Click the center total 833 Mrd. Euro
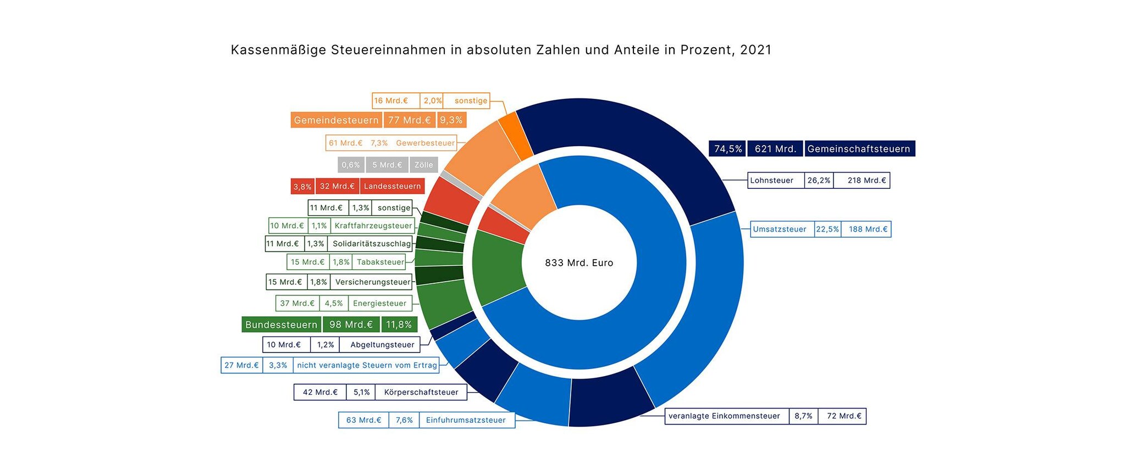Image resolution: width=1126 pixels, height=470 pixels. (579, 263)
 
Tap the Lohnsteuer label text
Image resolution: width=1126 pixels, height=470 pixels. (771, 181)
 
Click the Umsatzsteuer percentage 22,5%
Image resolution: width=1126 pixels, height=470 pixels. (827, 230)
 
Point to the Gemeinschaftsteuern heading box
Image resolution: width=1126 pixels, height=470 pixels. (859, 149)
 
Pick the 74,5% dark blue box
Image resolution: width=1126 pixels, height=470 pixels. (728, 149)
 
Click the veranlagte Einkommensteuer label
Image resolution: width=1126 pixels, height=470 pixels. (724, 416)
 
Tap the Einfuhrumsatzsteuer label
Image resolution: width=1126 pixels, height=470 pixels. (466, 420)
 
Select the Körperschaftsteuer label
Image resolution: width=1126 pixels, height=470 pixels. (421, 392)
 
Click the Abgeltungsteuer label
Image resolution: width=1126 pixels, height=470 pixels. (382, 345)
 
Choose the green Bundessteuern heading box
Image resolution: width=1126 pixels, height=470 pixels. (281, 324)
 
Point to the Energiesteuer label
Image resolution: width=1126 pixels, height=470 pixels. (379, 303)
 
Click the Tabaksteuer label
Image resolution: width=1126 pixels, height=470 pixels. (380, 262)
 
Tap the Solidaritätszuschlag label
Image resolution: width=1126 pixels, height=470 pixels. (372, 244)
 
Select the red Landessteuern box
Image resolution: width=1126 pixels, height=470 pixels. (392, 186)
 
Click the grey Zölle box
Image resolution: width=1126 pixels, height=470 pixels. (423, 165)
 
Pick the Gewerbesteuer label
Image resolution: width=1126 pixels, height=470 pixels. (425, 143)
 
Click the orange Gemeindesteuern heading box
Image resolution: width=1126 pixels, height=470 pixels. (336, 120)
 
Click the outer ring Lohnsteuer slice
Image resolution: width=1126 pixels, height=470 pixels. (632, 143)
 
